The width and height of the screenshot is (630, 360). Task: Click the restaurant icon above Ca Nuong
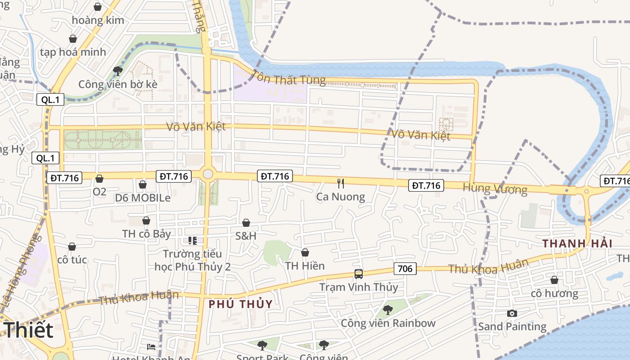[341, 183]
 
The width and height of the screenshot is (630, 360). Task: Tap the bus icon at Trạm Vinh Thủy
[358, 274]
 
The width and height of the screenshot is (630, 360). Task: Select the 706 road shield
[405, 269]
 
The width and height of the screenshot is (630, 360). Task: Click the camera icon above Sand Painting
[512, 313]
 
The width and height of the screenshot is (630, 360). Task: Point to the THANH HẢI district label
[577, 243]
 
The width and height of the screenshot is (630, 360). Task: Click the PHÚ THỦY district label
[240, 304]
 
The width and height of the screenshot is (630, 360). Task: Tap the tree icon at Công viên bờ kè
[118, 71]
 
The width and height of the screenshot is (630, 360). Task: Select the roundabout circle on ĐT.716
[207, 174]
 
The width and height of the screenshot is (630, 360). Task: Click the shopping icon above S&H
[246, 223]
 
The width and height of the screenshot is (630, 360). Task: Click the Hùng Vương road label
[495, 189]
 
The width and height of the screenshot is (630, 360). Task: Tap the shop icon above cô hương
[554, 280]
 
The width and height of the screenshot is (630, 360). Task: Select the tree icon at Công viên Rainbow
[387, 310]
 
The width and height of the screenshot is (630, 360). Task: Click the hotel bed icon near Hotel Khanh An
[152, 346]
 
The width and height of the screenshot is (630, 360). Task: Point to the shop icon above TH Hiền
[305, 252]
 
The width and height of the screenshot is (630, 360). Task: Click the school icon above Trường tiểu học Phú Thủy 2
[192, 241]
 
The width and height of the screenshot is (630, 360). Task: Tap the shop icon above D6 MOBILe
[142, 184]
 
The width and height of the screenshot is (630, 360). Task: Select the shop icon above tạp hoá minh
[72, 39]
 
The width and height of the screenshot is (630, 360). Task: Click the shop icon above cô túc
[72, 247]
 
